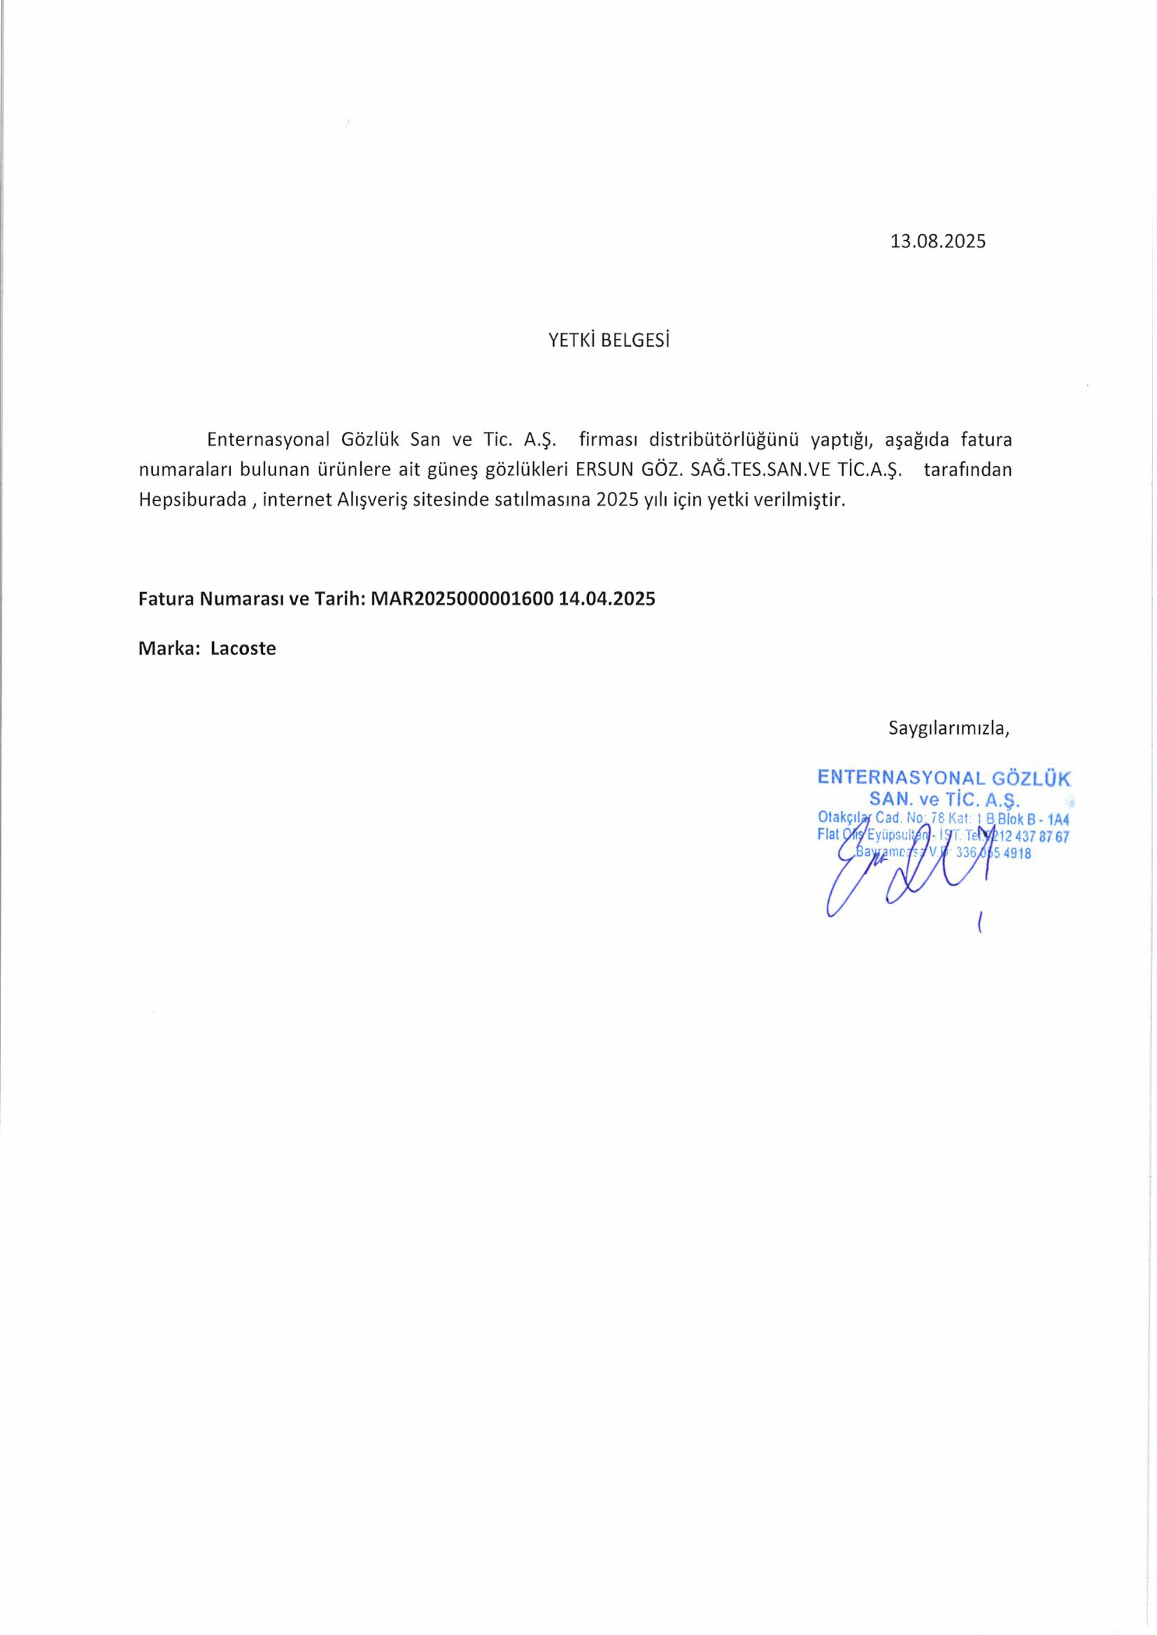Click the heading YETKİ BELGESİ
[609, 341]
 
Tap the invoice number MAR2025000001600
[462, 599]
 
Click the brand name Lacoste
[243, 649]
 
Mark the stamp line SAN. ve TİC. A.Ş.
[945, 799]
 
